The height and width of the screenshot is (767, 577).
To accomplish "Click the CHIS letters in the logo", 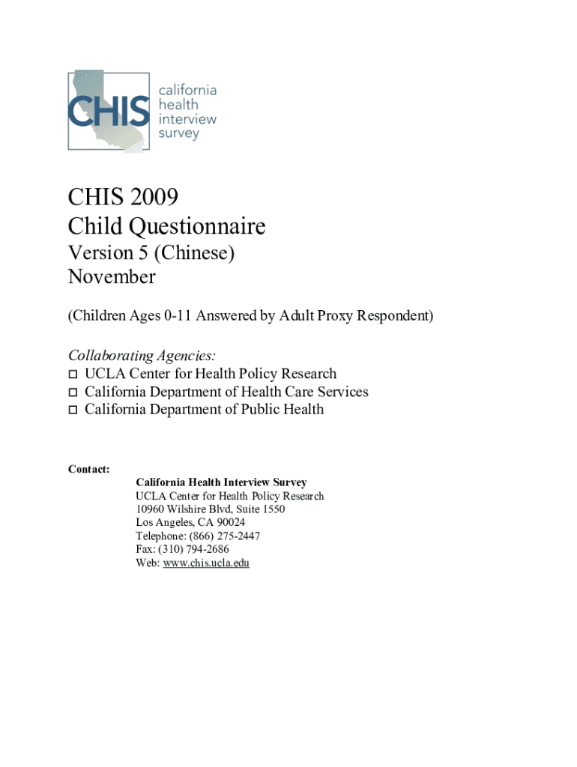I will [109, 111].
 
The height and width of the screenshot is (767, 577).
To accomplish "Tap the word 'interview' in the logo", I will [187, 120].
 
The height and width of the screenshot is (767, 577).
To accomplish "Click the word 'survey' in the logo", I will [179, 134].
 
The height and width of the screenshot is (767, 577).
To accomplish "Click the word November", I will [112, 277].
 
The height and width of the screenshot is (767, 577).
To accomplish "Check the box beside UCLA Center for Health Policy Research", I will [73, 374].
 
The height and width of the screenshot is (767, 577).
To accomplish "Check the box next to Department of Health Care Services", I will [73, 392].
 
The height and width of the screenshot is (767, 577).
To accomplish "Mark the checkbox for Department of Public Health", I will [73, 410].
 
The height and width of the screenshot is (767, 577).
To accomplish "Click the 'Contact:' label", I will [89, 469].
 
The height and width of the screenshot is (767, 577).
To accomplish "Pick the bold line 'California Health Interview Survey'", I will [221, 482].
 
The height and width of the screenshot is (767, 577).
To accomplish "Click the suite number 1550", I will [272, 509].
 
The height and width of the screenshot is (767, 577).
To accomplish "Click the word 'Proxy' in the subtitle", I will [315, 316].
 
